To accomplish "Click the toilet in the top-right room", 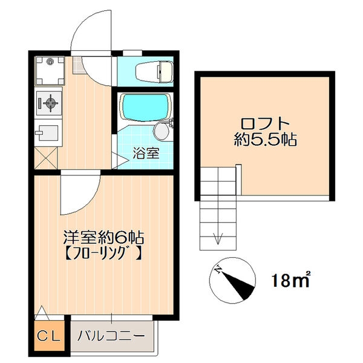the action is click(154, 71).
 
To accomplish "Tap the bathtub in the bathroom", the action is click(145, 108).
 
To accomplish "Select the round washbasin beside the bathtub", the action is click(162, 131).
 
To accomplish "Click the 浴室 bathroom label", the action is click(146, 153).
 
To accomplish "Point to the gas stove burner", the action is click(50, 103).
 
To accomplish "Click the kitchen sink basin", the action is click(48, 133).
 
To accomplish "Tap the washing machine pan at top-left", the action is click(50, 71).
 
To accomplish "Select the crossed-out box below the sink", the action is click(46, 158).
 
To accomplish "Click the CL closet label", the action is click(49, 336).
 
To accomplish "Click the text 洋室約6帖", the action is click(103, 237).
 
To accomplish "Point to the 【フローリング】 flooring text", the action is click(103, 253).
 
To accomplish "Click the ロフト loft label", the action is click(266, 124).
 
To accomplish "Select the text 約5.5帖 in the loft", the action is click(266, 140).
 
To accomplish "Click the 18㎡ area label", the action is click(291, 280).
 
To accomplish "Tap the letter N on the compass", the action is click(218, 269).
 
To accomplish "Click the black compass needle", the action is click(238, 285).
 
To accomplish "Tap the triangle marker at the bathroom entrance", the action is click(119, 160).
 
